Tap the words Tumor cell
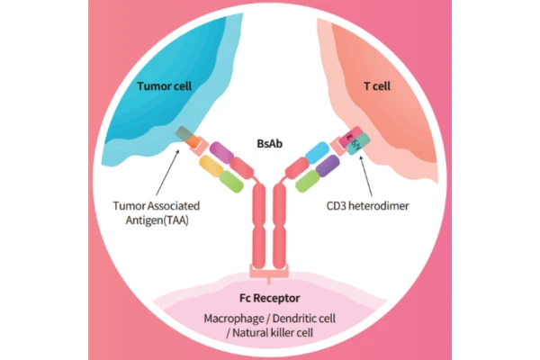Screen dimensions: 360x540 coord(166,87)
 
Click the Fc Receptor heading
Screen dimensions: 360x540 coord(270,297)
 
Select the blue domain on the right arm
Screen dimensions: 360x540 coord(316,151)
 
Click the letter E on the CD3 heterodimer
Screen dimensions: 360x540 coord(349,136)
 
